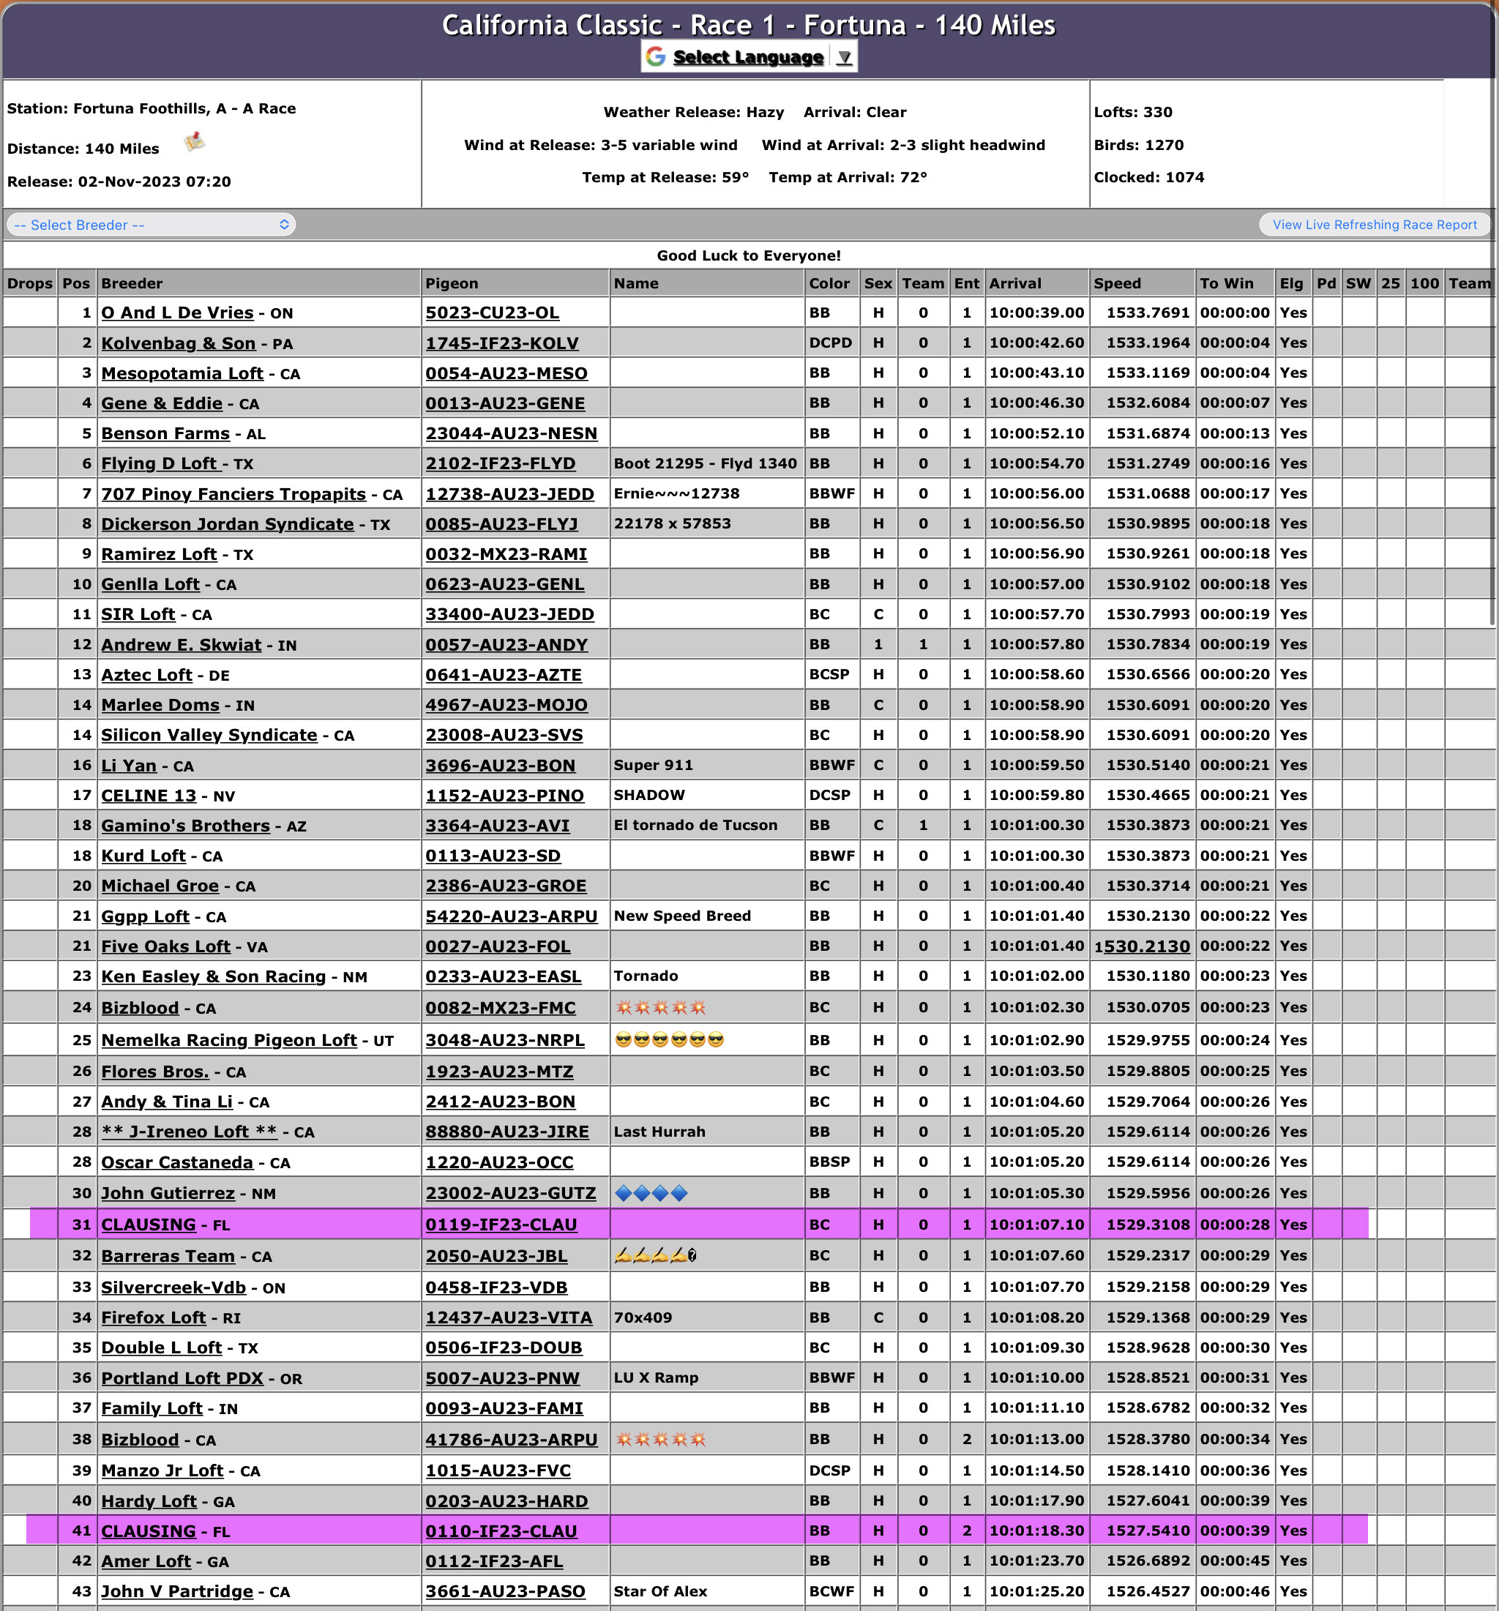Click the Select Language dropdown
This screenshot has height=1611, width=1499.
coord(749,57)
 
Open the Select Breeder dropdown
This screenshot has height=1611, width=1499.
coord(151,225)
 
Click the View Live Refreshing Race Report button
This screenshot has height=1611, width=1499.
coord(1375,225)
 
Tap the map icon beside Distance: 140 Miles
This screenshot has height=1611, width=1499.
coord(195,143)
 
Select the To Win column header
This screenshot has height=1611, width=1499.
coord(1226,283)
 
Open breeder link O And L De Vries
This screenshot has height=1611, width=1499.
coord(176,313)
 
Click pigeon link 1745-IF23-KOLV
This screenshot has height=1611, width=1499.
coord(501,343)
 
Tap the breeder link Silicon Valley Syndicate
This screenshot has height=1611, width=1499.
coord(209,735)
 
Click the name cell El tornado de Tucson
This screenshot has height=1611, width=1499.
coord(695,825)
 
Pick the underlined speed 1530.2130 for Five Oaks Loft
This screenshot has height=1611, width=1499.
coord(1142,946)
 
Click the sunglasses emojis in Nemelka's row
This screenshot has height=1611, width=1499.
coord(669,1039)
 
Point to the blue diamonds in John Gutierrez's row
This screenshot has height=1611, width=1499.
coord(651,1193)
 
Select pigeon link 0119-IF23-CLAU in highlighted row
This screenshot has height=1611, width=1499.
coord(501,1225)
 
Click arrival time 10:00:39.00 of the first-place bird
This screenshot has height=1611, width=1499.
coord(1036,313)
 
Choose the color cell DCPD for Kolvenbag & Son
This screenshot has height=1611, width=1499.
coord(830,343)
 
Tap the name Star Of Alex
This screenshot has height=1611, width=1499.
coord(659,1591)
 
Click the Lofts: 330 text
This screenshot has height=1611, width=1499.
coord(1133,112)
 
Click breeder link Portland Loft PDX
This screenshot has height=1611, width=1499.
coord(182,1378)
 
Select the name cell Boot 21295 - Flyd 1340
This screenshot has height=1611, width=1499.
coord(705,463)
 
